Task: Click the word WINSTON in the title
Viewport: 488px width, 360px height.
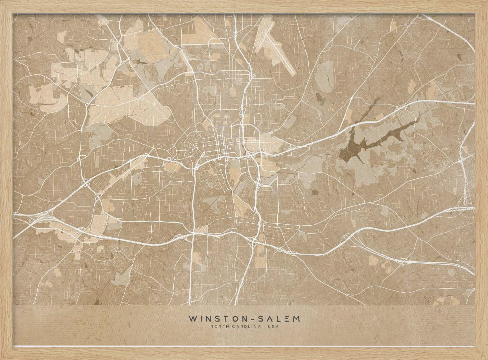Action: [218, 319]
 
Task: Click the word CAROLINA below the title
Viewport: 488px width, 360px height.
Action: [246, 327]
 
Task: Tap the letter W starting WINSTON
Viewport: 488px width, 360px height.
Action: [192, 319]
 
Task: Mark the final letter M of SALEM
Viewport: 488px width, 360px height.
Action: [297, 319]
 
